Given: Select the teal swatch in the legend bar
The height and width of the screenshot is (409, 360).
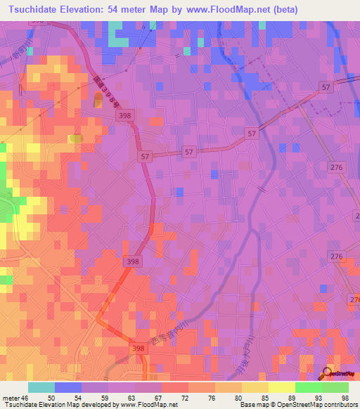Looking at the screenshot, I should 41,387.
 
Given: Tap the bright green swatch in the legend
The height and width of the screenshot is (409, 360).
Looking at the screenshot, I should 308,387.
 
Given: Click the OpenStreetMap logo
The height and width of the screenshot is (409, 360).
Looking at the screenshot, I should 340,374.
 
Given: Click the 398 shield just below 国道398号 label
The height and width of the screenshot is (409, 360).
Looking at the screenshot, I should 125,115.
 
